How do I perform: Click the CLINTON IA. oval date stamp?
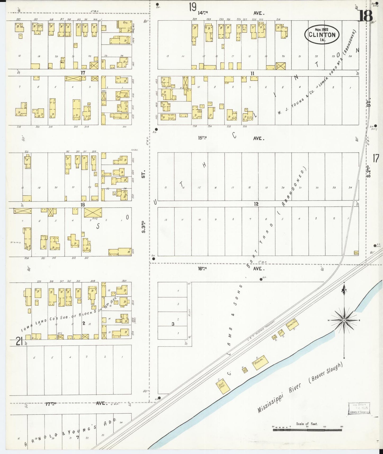click(x=322, y=35)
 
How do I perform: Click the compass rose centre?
click(x=344, y=320)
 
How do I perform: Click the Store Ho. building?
click(x=260, y=362)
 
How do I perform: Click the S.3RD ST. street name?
click(x=143, y=201)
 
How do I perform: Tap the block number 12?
click(x=256, y=204)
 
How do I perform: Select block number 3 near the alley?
click(x=173, y=324)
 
